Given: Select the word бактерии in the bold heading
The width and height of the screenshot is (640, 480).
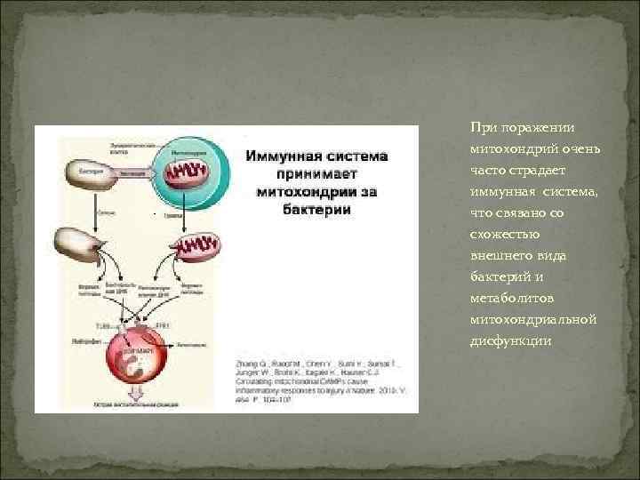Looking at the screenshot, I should point(316,210).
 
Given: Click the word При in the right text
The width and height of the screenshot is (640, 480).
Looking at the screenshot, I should point(481,128).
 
